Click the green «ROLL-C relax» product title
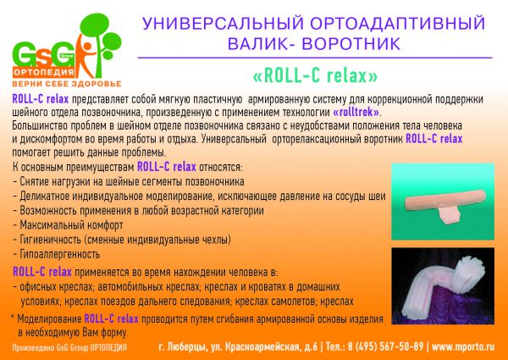click(315, 76)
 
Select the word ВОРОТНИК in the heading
click(351, 44)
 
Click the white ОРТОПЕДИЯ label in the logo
click(44, 72)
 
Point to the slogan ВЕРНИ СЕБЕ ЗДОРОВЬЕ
click(67, 84)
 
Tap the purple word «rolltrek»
click(356, 113)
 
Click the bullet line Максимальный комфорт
click(68, 224)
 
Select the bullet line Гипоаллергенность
click(57, 254)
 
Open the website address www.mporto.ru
click(463, 346)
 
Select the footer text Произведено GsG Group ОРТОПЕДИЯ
click(69, 348)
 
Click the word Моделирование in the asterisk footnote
click(49, 319)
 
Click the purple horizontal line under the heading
click(315, 58)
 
